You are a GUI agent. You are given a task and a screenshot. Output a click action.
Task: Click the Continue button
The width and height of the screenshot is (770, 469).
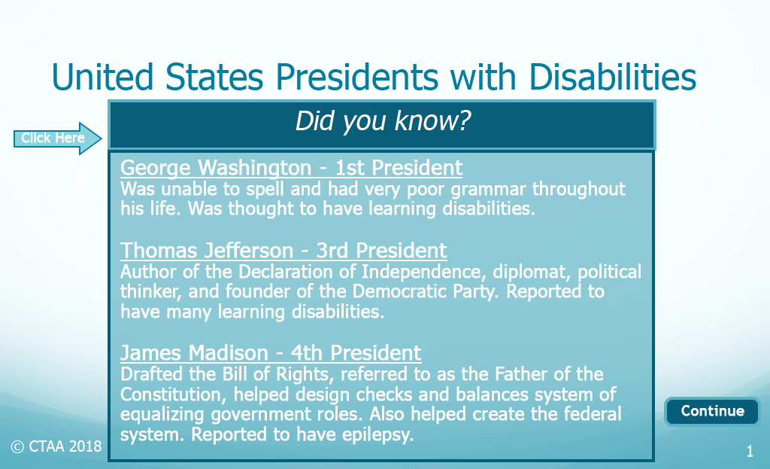click(711, 411)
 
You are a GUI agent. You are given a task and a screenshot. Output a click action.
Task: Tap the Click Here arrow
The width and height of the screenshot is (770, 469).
click(57, 139)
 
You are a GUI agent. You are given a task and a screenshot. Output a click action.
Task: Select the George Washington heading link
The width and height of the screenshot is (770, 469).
click(291, 168)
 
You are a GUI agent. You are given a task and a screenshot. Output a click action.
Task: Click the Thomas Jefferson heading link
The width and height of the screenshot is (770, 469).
click(283, 251)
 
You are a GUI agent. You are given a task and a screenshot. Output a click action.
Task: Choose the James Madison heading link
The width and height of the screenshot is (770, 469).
click(271, 353)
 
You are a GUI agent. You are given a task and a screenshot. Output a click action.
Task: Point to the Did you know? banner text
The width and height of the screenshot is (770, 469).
click(383, 121)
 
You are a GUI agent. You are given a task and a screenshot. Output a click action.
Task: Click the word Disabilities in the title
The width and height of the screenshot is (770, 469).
click(612, 78)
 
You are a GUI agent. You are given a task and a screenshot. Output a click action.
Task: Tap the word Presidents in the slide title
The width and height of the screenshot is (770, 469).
click(356, 78)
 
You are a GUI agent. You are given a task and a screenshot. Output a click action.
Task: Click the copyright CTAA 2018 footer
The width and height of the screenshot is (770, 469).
click(56, 446)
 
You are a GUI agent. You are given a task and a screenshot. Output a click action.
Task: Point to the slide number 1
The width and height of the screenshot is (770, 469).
click(750, 451)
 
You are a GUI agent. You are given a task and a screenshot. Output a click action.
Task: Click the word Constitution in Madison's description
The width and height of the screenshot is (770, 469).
click(174, 394)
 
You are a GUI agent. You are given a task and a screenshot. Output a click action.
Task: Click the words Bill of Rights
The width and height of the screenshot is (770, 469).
click(278, 375)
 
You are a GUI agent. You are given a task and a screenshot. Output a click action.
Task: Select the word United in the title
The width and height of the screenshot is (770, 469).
click(102, 78)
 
